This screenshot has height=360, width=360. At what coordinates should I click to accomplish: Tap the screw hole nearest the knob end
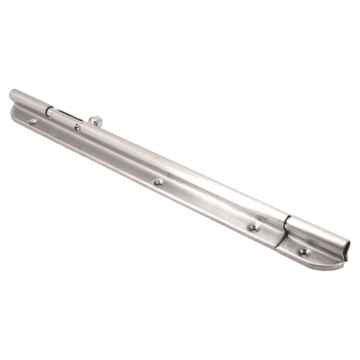click(33, 122)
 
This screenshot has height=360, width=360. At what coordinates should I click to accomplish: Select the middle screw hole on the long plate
click(157, 183)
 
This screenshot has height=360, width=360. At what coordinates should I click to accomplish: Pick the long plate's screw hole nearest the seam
click(254, 228)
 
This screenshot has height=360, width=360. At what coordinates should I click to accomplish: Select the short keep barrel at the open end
click(317, 234)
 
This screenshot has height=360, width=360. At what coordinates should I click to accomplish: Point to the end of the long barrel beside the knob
click(84, 127)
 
